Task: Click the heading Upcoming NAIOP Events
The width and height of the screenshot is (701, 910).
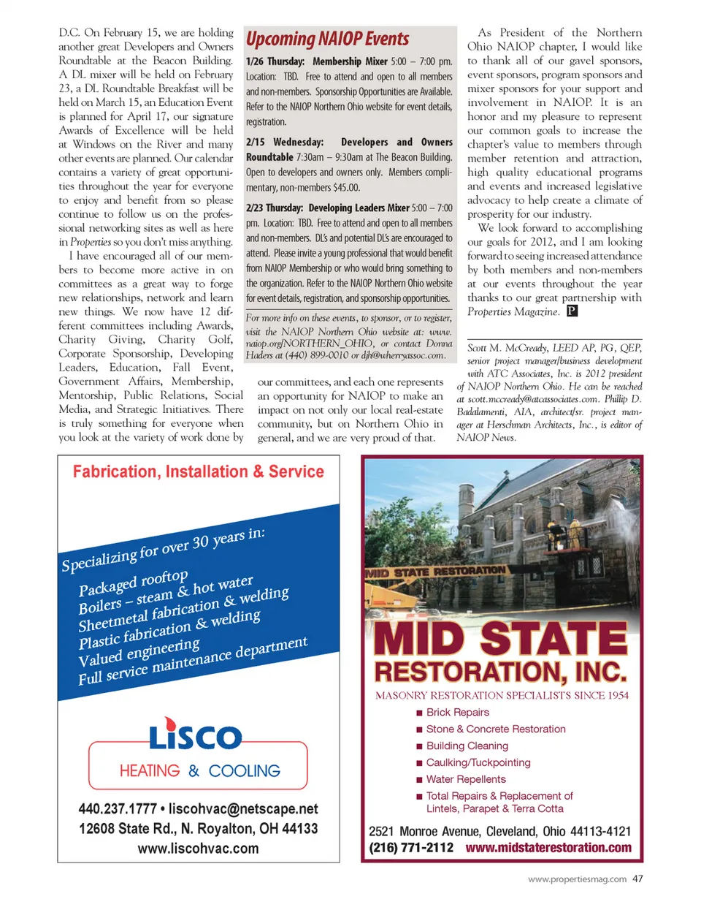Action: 327,39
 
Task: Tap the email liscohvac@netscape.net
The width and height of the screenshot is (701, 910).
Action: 243,809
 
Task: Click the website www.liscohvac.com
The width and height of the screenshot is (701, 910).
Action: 198,849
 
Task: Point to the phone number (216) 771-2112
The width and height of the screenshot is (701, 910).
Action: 411,848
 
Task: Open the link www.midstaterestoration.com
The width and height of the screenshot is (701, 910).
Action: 548,848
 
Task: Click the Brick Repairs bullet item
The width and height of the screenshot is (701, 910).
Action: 457,713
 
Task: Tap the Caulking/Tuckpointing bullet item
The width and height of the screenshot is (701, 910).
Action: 478,763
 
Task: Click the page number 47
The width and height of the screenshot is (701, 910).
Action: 638,879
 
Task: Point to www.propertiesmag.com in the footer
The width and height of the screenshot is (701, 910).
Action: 577,879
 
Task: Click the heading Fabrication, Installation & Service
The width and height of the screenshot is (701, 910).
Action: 198,472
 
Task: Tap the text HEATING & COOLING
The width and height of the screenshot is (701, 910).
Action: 199,771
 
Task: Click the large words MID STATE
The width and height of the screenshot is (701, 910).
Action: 500,638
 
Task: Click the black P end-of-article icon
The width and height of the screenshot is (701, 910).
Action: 572,311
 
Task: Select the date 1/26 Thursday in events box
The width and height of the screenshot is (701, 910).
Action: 275,61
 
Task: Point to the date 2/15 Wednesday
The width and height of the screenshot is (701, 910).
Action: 285,142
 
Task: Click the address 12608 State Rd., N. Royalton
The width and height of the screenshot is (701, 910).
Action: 198,829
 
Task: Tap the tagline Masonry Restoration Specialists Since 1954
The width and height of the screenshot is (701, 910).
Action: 502,696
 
